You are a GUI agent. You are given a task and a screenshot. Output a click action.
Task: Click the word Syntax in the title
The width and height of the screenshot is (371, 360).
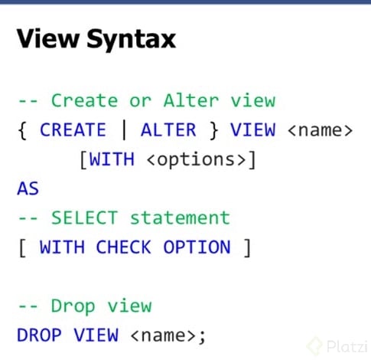tap(132, 40)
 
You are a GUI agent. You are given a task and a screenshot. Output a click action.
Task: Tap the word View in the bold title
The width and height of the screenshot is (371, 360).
tap(47, 38)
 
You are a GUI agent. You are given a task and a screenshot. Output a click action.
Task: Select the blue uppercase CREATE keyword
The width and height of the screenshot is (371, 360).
tap(73, 129)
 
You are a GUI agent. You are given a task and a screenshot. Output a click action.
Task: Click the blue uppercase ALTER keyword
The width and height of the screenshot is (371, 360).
tap(168, 129)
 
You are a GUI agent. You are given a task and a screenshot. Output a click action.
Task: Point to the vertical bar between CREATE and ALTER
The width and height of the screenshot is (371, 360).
tap(124, 129)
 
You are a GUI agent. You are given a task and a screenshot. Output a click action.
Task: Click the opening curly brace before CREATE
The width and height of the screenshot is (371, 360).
tap(22, 130)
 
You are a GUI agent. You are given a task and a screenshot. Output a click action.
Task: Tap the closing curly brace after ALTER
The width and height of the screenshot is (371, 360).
tap(213, 130)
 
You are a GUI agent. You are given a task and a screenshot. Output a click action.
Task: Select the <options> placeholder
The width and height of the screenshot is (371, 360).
tap(197, 160)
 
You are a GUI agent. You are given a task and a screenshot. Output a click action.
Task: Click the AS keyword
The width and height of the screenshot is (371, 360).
tap(28, 188)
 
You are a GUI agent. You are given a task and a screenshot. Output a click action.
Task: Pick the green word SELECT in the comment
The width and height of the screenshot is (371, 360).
tap(85, 218)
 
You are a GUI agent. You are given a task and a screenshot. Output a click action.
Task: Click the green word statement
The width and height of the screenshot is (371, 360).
tap(180, 218)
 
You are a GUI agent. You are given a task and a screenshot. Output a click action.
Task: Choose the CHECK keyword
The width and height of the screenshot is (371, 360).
tap(124, 247)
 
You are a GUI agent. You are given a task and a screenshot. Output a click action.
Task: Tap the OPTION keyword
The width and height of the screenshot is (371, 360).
tap(197, 247)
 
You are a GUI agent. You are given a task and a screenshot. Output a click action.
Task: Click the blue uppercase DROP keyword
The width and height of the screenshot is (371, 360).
tap(39, 335)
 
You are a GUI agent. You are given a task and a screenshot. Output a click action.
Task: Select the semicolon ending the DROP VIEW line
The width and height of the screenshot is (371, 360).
tap(202, 337)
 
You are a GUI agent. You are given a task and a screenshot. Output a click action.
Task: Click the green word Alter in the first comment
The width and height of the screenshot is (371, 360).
tap(191, 100)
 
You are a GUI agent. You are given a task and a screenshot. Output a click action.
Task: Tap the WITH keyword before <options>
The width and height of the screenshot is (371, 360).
tap(112, 159)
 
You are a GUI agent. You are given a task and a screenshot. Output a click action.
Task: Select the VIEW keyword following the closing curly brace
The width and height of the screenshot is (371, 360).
tap(253, 129)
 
